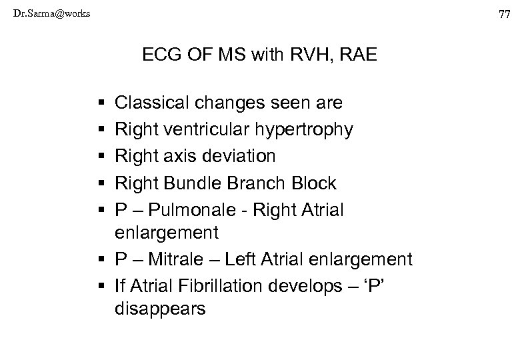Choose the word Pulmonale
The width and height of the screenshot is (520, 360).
click(x=184, y=209)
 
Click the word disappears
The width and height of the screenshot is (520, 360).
click(x=161, y=310)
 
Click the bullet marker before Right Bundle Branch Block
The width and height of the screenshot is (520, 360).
click(x=100, y=183)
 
